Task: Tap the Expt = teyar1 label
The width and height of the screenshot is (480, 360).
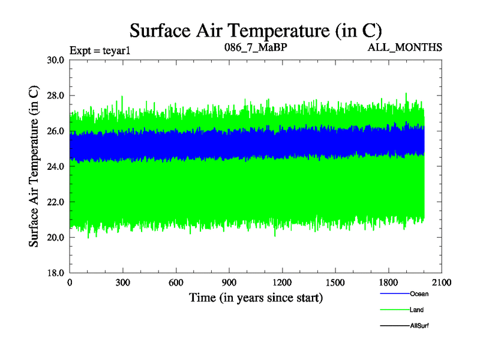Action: point(100,50)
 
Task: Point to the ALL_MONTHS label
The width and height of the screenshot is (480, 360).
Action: point(405,47)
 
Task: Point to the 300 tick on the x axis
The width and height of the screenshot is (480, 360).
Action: point(123,283)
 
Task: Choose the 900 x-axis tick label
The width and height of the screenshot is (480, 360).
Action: point(229,283)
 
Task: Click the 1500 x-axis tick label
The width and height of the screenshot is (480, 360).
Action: point(335,283)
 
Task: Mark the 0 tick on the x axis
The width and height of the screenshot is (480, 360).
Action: point(70,283)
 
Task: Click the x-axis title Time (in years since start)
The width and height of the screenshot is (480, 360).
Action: point(256,298)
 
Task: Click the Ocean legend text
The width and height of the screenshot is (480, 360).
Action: point(419,294)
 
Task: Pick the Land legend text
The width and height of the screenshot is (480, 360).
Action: point(417,310)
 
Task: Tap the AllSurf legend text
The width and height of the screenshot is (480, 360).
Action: point(419,326)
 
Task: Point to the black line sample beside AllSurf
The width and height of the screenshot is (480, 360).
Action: point(395,326)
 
